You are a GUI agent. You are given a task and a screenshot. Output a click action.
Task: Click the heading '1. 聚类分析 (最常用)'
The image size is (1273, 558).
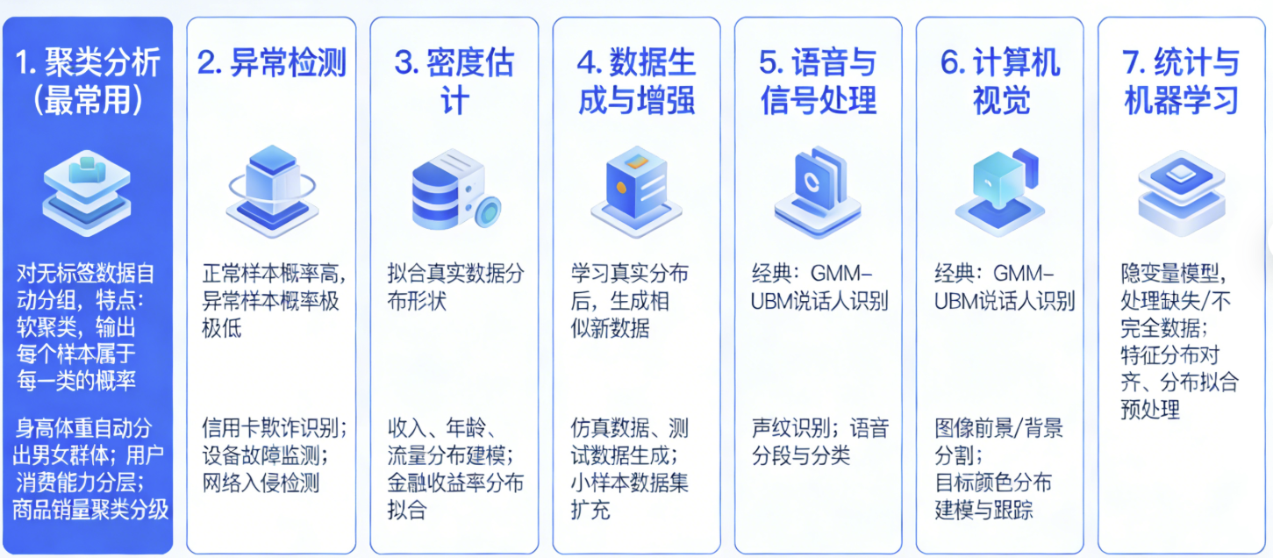tap(88, 82)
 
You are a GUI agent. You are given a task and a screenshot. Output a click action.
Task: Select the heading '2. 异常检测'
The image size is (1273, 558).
tap(271, 63)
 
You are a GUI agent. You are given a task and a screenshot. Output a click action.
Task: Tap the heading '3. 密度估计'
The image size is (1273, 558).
tap(454, 82)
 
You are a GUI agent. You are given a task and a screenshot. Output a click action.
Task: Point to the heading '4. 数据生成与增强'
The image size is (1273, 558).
tap(636, 82)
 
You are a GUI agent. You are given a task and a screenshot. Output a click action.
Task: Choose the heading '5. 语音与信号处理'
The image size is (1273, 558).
tap(818, 82)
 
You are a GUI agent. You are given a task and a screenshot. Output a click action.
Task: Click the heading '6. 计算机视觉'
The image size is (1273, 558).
tap(1000, 82)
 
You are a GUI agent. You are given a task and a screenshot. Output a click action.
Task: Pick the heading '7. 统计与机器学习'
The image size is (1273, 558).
tap(1181, 82)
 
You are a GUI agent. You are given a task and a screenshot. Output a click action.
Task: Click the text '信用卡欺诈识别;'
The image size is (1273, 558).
tap(274, 429)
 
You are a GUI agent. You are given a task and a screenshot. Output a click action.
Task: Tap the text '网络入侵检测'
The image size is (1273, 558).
tap(261, 483)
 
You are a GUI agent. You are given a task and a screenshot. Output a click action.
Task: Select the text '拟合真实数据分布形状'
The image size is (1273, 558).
tap(455, 286)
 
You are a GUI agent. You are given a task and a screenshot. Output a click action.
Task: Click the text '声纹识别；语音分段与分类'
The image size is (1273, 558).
tap(819, 442)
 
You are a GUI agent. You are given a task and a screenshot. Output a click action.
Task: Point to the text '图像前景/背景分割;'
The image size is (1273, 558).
tap(998, 442)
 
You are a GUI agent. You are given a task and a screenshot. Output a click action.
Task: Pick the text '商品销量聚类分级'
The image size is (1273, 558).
tap(90, 510)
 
